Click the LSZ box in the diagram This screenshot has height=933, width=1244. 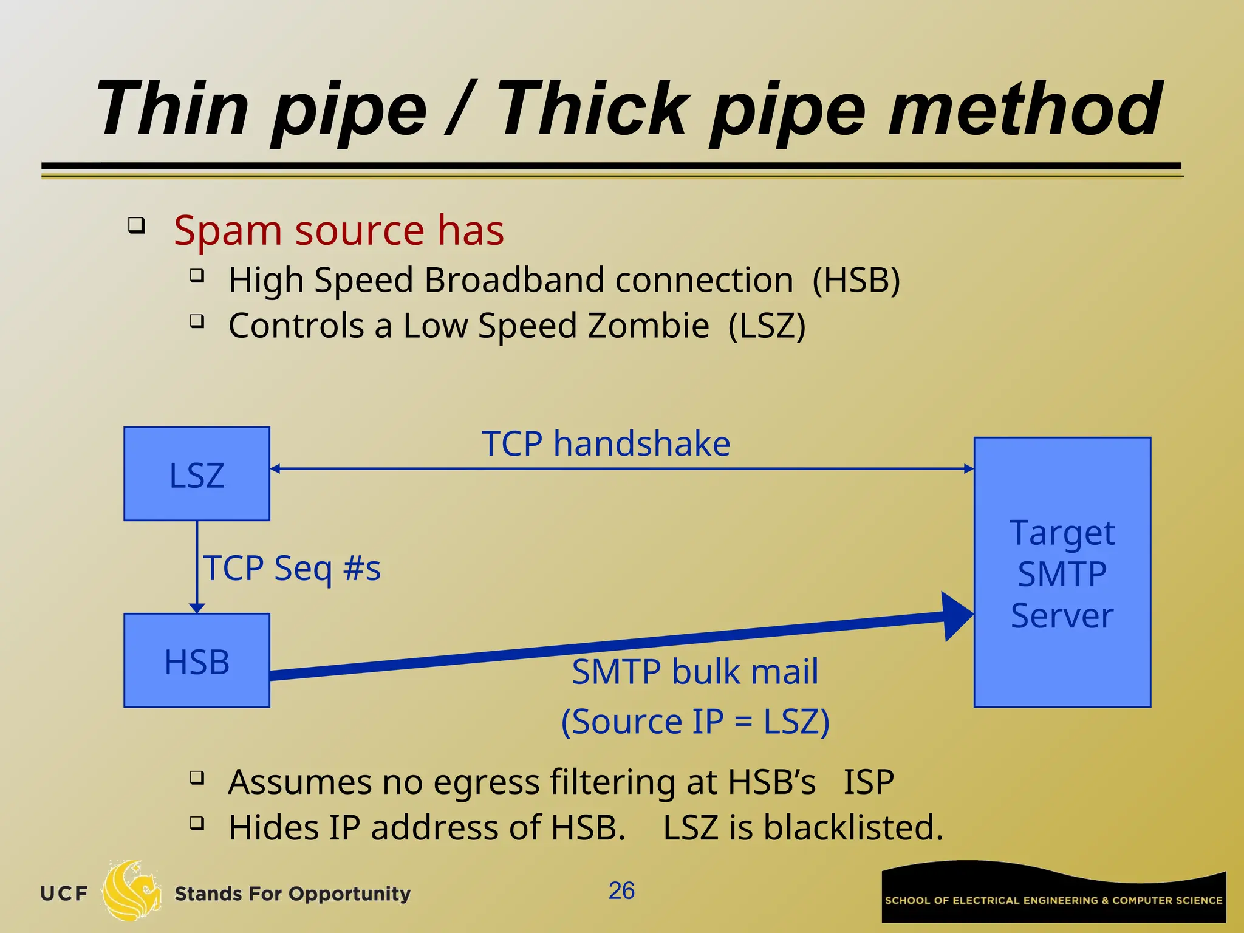click(x=197, y=474)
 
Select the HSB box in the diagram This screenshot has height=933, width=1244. click(x=197, y=660)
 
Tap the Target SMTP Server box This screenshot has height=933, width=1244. click(x=1062, y=572)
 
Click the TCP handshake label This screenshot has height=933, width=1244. click(x=606, y=443)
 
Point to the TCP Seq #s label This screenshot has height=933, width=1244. click(x=292, y=569)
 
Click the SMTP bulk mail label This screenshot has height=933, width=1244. click(x=695, y=672)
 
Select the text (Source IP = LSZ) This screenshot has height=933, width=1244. click(x=695, y=722)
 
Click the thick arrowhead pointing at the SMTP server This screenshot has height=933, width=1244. click(x=957, y=616)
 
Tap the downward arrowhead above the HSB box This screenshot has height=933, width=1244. click(x=197, y=607)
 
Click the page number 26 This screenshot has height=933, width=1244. click(x=621, y=891)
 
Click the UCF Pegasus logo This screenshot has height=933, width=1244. click(x=131, y=891)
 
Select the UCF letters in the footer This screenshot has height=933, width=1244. click(x=64, y=894)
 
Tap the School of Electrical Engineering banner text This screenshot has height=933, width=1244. click(x=1053, y=900)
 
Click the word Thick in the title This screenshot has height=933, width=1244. click(x=594, y=109)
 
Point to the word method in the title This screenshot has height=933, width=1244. click(x=1025, y=109)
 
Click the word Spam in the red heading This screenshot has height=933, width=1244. click(x=228, y=231)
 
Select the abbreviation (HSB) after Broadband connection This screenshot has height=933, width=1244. click(x=856, y=281)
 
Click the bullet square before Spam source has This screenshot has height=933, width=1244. click(x=137, y=225)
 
